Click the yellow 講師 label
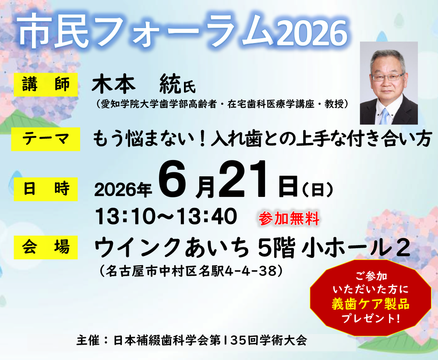pos(46,85)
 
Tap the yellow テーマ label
pos(46,139)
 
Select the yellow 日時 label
pos(46,189)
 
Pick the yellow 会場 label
pos(46,247)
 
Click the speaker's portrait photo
pos(389,83)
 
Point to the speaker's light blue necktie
pos(385,116)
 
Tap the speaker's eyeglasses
pos(388,76)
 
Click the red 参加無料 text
pos(289,219)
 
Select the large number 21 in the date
pos(246,180)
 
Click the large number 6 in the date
pos(172,179)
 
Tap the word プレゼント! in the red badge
pos(371,318)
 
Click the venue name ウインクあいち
pos(172,248)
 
